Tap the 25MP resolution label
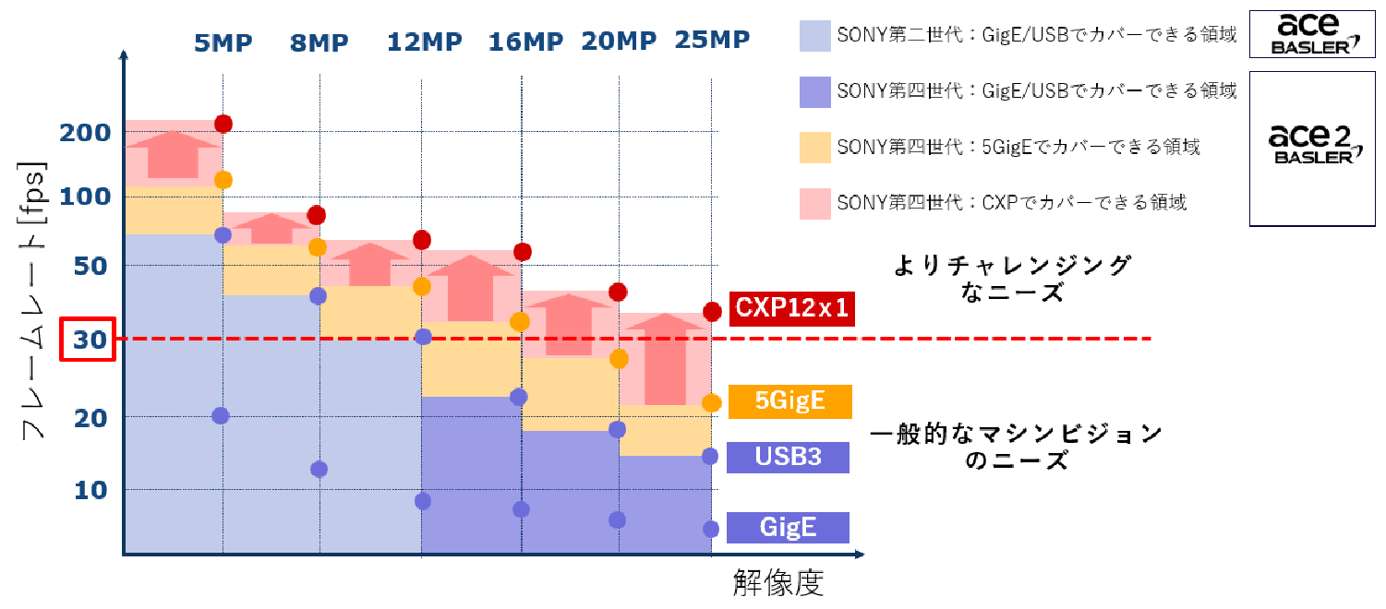coord(712,41)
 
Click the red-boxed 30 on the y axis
coord(86,340)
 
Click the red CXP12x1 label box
coord(790,309)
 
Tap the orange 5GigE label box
coord(790,401)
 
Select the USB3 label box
coord(788,457)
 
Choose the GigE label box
coord(788,528)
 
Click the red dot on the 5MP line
coord(223,124)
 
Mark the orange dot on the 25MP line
coord(711,402)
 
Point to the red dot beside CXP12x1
coord(712,312)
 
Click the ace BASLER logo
coord(1311,32)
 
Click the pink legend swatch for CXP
coord(815,202)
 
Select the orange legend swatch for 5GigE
coord(815,147)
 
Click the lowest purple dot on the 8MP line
coord(319,469)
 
